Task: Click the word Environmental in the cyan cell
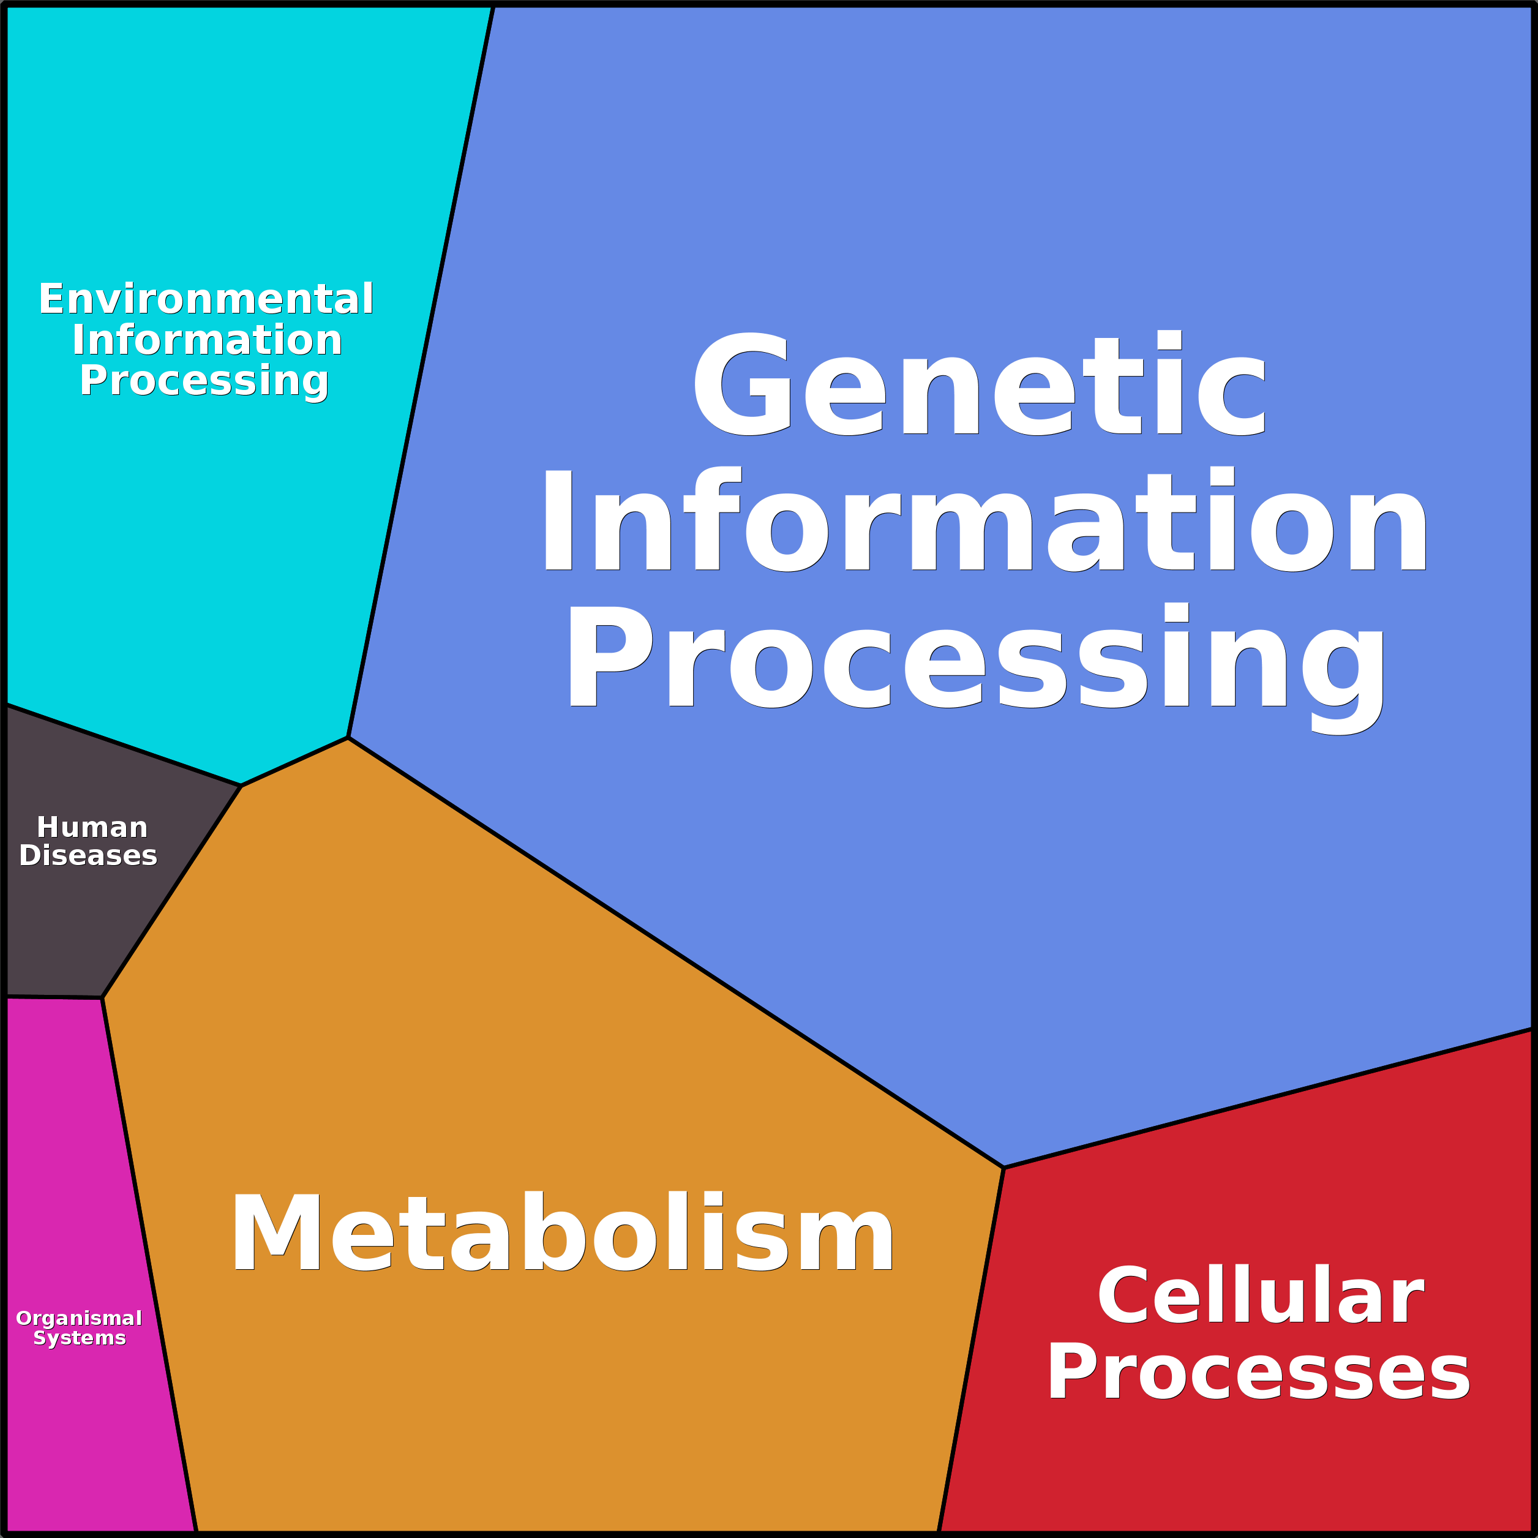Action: tap(206, 299)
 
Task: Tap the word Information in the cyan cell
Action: tap(207, 340)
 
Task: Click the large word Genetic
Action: tap(979, 384)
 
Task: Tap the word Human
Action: tap(92, 827)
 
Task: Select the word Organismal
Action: tap(79, 1318)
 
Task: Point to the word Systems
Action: tap(80, 1338)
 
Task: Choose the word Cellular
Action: tap(1260, 1297)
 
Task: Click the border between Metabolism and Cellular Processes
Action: tap(971, 1345)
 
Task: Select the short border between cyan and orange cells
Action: tap(294, 762)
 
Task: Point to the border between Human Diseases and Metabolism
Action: tap(171, 891)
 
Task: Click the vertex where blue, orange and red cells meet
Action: tap(1004, 1168)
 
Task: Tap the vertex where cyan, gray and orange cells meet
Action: tap(241, 786)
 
